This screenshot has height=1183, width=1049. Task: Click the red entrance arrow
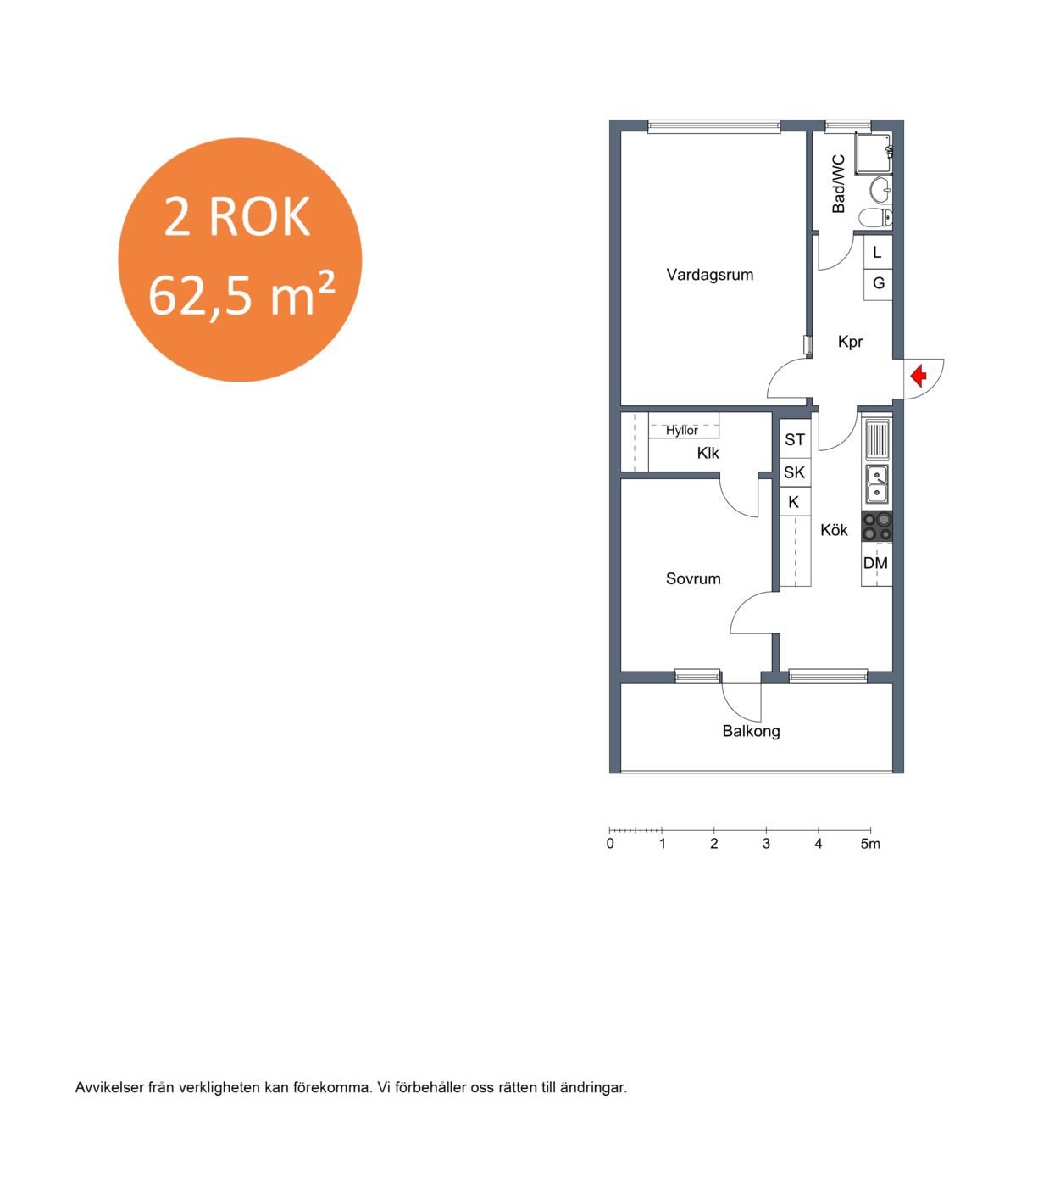tap(919, 376)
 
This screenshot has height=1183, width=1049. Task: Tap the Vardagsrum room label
tap(709, 275)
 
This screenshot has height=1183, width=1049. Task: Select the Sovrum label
tap(693, 578)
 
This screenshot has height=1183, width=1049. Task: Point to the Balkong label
tap(751, 731)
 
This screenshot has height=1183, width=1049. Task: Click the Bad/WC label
tap(838, 184)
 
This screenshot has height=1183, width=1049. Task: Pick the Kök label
tap(834, 530)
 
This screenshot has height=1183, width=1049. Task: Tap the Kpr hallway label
tap(850, 342)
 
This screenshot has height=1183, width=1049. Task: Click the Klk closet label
tap(708, 453)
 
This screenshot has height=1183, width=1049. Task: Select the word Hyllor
tap(682, 430)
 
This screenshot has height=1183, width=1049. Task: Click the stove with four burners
tap(877, 526)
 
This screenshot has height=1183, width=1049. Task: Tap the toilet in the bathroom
tap(876, 217)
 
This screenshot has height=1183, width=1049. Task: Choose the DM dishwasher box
tap(876, 563)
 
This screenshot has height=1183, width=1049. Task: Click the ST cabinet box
tap(795, 439)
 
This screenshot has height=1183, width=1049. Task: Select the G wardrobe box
tap(878, 284)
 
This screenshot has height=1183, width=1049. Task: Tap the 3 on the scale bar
tap(766, 844)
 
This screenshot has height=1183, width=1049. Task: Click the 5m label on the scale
tap(870, 844)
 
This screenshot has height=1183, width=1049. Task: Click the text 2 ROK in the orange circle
tap(237, 216)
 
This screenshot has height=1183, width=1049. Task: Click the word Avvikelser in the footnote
tap(109, 1088)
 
